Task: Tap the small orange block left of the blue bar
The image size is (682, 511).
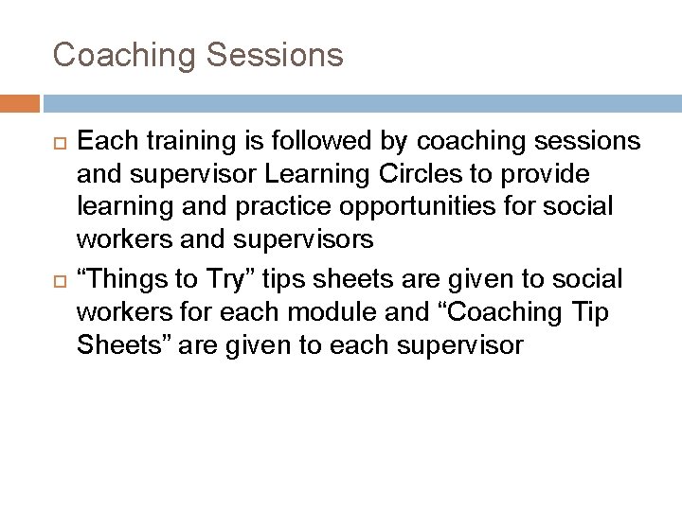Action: pyautogui.click(x=20, y=103)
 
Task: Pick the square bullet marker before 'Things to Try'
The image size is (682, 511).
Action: pyautogui.click(x=59, y=281)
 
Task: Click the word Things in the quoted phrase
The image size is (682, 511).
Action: pyautogui.click(x=125, y=279)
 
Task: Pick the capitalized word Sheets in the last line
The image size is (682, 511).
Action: pyautogui.click(x=119, y=345)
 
